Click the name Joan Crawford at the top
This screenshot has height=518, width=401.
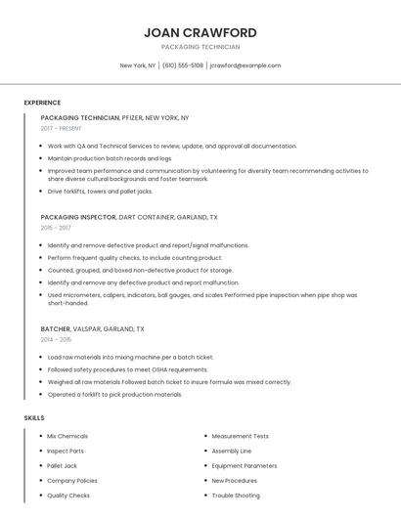(x=200, y=32)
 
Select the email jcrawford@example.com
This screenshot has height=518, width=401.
(x=245, y=65)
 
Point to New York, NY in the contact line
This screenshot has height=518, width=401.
(x=138, y=65)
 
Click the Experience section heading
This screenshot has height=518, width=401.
(x=42, y=103)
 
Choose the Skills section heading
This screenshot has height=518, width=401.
(x=34, y=417)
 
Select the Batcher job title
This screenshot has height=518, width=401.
(x=56, y=329)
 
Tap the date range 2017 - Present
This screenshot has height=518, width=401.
(x=62, y=128)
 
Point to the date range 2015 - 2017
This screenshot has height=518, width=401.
(x=56, y=228)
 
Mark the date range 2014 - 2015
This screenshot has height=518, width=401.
(x=56, y=340)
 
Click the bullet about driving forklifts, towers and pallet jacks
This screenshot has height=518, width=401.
(x=101, y=192)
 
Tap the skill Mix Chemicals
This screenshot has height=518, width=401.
(x=67, y=436)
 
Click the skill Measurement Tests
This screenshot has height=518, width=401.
(x=240, y=436)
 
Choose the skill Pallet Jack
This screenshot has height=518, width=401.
(x=62, y=465)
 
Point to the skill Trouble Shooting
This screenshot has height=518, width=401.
(x=236, y=496)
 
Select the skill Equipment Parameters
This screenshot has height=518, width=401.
(x=245, y=465)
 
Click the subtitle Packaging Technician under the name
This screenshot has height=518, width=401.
(x=200, y=47)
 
